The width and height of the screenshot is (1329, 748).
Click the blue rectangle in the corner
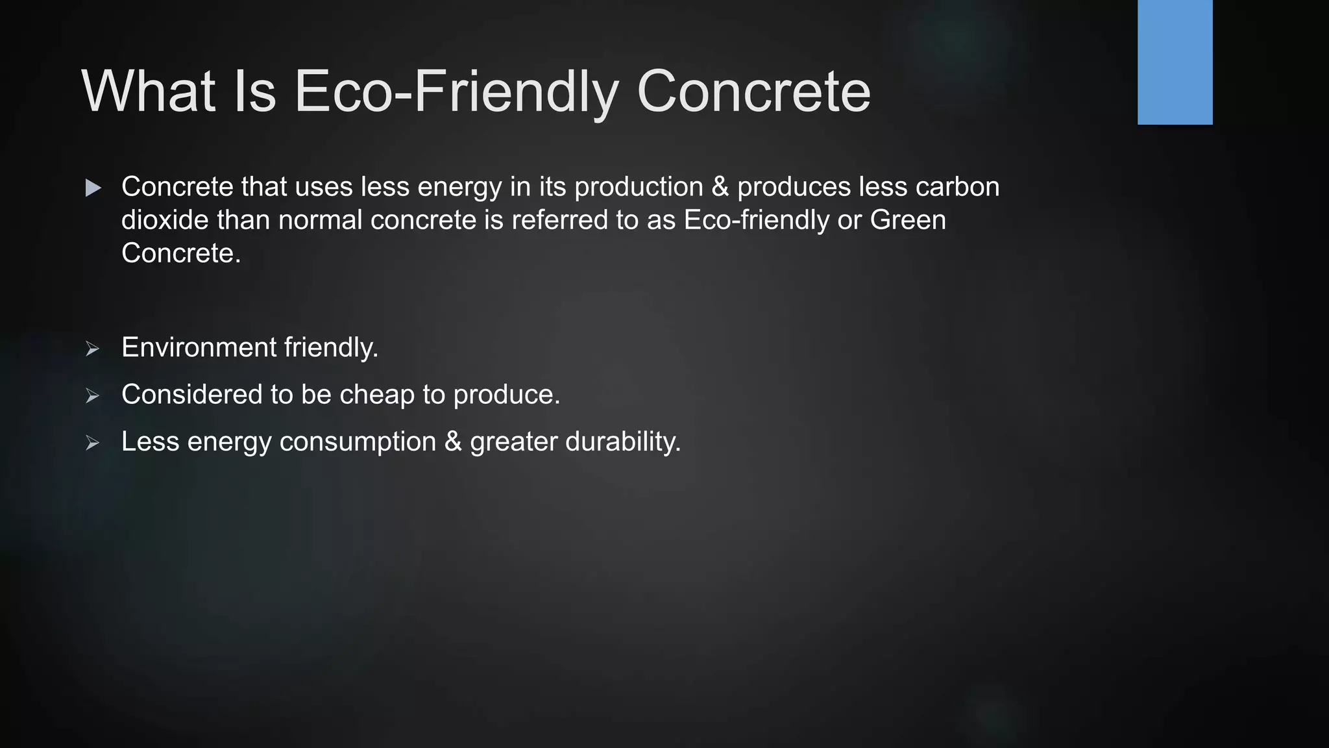[1175, 62]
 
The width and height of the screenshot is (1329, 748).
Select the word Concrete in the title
[753, 92]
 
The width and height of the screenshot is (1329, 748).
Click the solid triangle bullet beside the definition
[93, 188]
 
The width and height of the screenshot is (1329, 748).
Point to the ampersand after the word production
[720, 187]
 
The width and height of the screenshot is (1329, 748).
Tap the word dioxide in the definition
[165, 220]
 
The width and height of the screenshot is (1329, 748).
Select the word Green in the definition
[908, 220]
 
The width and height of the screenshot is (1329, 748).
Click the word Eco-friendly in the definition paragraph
[757, 220]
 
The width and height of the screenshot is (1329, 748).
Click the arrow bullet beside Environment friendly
[92, 349]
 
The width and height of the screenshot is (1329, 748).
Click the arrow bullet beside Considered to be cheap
[92, 395]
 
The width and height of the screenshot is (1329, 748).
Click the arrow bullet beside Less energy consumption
[92, 443]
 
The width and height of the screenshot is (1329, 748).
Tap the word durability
[623, 442]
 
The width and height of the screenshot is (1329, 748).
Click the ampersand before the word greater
[453, 442]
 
